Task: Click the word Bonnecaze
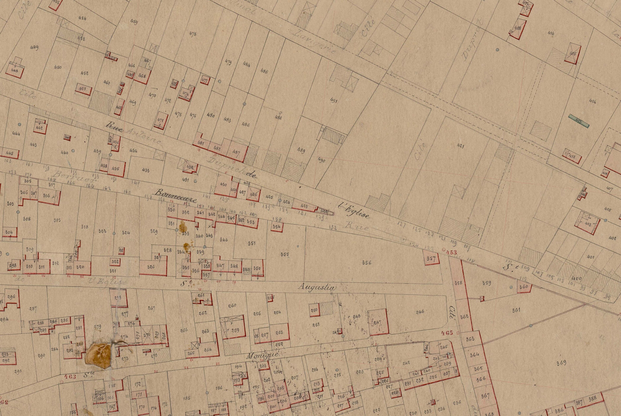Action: [176, 196]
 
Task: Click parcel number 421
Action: [461, 146]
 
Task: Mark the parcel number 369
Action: [562, 363]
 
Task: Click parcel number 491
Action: [334, 100]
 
